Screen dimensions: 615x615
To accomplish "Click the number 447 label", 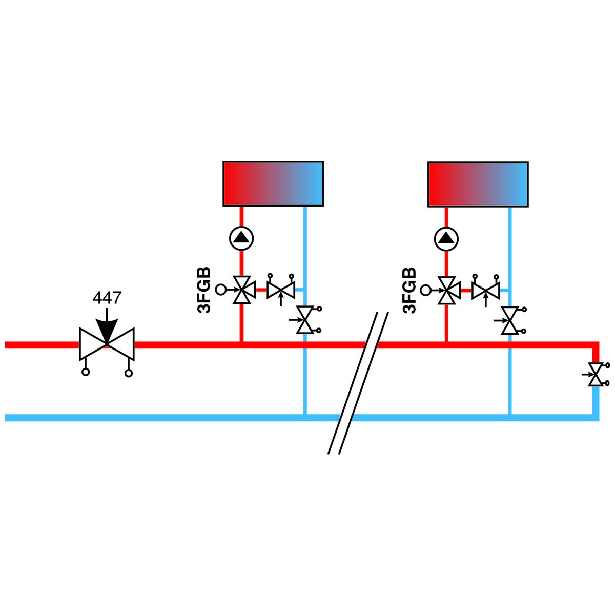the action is point(107,298).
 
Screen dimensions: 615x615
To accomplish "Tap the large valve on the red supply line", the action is point(107,344).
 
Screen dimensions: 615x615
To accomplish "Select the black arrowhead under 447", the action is point(107,331).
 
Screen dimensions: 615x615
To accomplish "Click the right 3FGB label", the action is point(409,291).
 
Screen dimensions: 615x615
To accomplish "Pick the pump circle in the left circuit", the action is point(241,238).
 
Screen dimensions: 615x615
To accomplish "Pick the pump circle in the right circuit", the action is point(446,239).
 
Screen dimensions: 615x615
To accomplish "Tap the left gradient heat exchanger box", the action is point(273,184).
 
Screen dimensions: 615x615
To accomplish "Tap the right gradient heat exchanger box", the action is point(478,184).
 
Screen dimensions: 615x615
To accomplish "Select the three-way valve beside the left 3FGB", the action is point(243,290).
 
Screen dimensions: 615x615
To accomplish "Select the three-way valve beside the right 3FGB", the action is point(448,291).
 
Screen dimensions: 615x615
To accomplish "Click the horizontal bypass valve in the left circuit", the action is point(281,289).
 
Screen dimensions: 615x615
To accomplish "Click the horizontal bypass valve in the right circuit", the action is point(486,290).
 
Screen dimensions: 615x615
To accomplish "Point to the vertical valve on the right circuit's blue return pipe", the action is point(510,320).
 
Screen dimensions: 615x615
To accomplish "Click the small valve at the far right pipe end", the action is point(596,374).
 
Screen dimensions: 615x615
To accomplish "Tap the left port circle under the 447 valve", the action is point(85,372).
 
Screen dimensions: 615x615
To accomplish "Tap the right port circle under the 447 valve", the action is point(128,373).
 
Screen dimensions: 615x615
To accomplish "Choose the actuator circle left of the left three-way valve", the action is point(220,290).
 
